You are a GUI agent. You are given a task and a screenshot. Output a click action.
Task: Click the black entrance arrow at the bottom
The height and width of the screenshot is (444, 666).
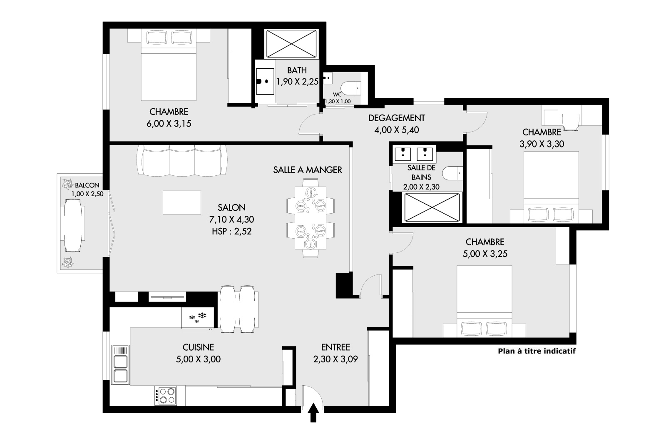[x=313, y=413]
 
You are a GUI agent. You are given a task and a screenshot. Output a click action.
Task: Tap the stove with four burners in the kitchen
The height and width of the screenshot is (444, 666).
[x=166, y=396]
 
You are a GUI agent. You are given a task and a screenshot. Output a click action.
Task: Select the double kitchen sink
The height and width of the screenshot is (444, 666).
[x=120, y=364]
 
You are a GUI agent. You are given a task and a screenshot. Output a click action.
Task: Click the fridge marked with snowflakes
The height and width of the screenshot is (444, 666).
[x=198, y=318]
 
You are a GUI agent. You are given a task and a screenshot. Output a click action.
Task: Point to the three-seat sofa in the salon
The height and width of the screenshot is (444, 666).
[x=182, y=161]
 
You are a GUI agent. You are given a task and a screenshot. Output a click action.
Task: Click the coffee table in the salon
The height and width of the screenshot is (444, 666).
[x=181, y=202]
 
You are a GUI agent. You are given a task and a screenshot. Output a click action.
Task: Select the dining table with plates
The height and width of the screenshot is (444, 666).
[x=311, y=218]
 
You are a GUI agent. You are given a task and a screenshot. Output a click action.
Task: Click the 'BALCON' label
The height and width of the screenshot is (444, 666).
[x=87, y=185]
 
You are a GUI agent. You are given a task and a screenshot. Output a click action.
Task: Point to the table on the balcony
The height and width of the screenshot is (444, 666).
[x=73, y=225]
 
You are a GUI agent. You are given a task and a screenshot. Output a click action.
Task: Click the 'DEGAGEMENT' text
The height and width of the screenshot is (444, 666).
[x=397, y=118]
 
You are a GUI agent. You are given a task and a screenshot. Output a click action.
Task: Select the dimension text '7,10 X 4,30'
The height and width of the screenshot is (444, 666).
[x=231, y=220]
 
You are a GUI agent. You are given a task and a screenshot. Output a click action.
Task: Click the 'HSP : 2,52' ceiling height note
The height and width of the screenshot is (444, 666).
[x=231, y=231]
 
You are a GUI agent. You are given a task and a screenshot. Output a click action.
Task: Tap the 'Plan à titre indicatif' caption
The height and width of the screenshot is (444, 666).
[x=537, y=351]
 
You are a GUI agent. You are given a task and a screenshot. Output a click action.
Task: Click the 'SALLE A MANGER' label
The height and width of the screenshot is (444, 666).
[x=308, y=170]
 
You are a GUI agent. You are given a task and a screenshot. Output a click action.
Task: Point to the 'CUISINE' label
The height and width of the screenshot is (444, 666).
[x=198, y=347]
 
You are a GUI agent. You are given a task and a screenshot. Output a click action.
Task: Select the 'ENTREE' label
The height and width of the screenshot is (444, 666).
[x=335, y=347]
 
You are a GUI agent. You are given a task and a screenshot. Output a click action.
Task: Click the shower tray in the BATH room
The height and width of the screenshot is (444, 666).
[x=291, y=44]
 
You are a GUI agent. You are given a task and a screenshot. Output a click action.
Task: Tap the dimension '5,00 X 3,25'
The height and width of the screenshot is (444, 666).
[x=485, y=254]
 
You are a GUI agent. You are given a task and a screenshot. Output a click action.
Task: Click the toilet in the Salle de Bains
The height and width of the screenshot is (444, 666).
[x=452, y=173]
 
